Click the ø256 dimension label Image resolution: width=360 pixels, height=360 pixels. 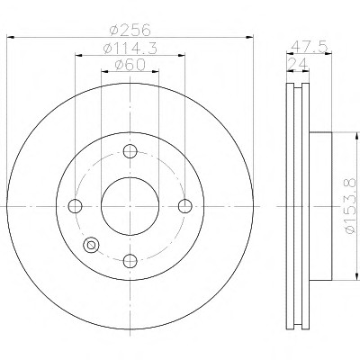point(130,30)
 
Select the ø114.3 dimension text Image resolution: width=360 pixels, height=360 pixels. point(130,48)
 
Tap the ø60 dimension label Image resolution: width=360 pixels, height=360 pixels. point(130,65)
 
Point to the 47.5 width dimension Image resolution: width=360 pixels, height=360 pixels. point(309,46)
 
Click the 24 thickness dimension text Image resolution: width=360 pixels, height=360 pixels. point(298,64)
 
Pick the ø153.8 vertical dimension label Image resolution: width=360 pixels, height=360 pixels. point(351,206)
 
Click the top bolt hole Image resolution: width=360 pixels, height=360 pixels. point(130,151)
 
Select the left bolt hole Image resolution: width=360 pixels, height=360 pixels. point(75,206)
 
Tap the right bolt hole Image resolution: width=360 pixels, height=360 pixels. point(185,206)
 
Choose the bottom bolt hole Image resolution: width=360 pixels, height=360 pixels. point(130,261)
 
